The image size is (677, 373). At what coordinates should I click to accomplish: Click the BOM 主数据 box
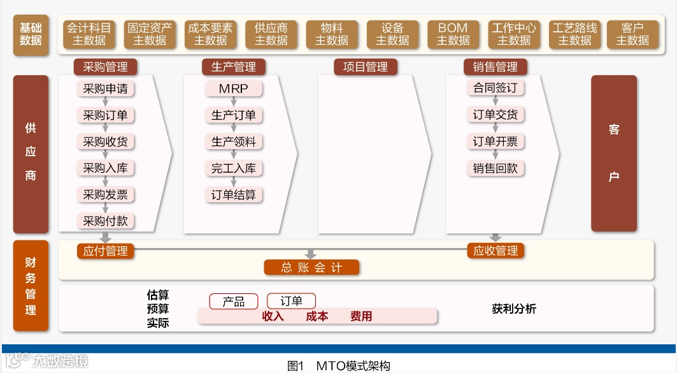[x=453, y=34]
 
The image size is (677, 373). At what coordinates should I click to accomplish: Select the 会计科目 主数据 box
[x=89, y=34]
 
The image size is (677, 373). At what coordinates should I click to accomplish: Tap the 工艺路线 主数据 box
[x=574, y=34]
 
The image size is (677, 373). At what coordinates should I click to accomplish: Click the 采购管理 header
[x=105, y=67]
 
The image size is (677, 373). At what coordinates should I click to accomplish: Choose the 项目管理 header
[x=365, y=67]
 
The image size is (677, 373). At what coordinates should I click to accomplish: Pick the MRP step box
[x=233, y=89]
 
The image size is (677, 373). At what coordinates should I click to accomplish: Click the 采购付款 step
[x=105, y=221]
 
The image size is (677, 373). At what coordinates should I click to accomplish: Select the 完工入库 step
[x=233, y=168]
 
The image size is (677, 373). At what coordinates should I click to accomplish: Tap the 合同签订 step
[x=495, y=88]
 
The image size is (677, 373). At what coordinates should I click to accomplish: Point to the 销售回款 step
[x=495, y=168]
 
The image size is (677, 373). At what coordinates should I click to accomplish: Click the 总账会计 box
[x=311, y=268]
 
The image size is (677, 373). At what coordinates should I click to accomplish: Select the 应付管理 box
[x=105, y=251]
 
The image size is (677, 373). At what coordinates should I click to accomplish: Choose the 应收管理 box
[x=495, y=251]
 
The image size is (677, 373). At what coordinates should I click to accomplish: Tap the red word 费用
[x=361, y=316]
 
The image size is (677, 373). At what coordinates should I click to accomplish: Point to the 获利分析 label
[x=514, y=309]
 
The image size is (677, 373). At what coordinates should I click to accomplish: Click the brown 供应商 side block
[x=31, y=153]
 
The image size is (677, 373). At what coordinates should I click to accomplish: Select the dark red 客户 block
[x=614, y=153]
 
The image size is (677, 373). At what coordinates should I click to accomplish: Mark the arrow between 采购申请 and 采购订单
[x=106, y=102]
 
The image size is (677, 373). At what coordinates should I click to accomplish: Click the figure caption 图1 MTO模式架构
[x=338, y=366]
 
